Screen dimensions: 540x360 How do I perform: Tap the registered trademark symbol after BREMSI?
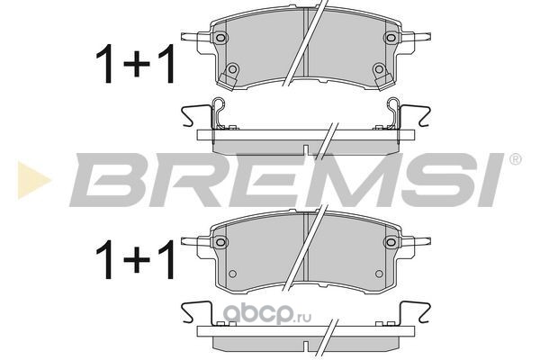click(x=515, y=159)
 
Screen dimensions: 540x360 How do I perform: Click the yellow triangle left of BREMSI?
click(x=33, y=180)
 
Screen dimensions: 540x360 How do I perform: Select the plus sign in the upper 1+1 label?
click(x=137, y=64)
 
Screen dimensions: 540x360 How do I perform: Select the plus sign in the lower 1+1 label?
click(x=137, y=260)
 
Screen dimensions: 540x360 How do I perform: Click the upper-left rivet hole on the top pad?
click(x=220, y=37)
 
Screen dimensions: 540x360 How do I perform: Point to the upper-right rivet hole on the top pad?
click(x=391, y=37)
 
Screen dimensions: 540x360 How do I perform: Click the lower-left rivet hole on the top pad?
click(x=232, y=69)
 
